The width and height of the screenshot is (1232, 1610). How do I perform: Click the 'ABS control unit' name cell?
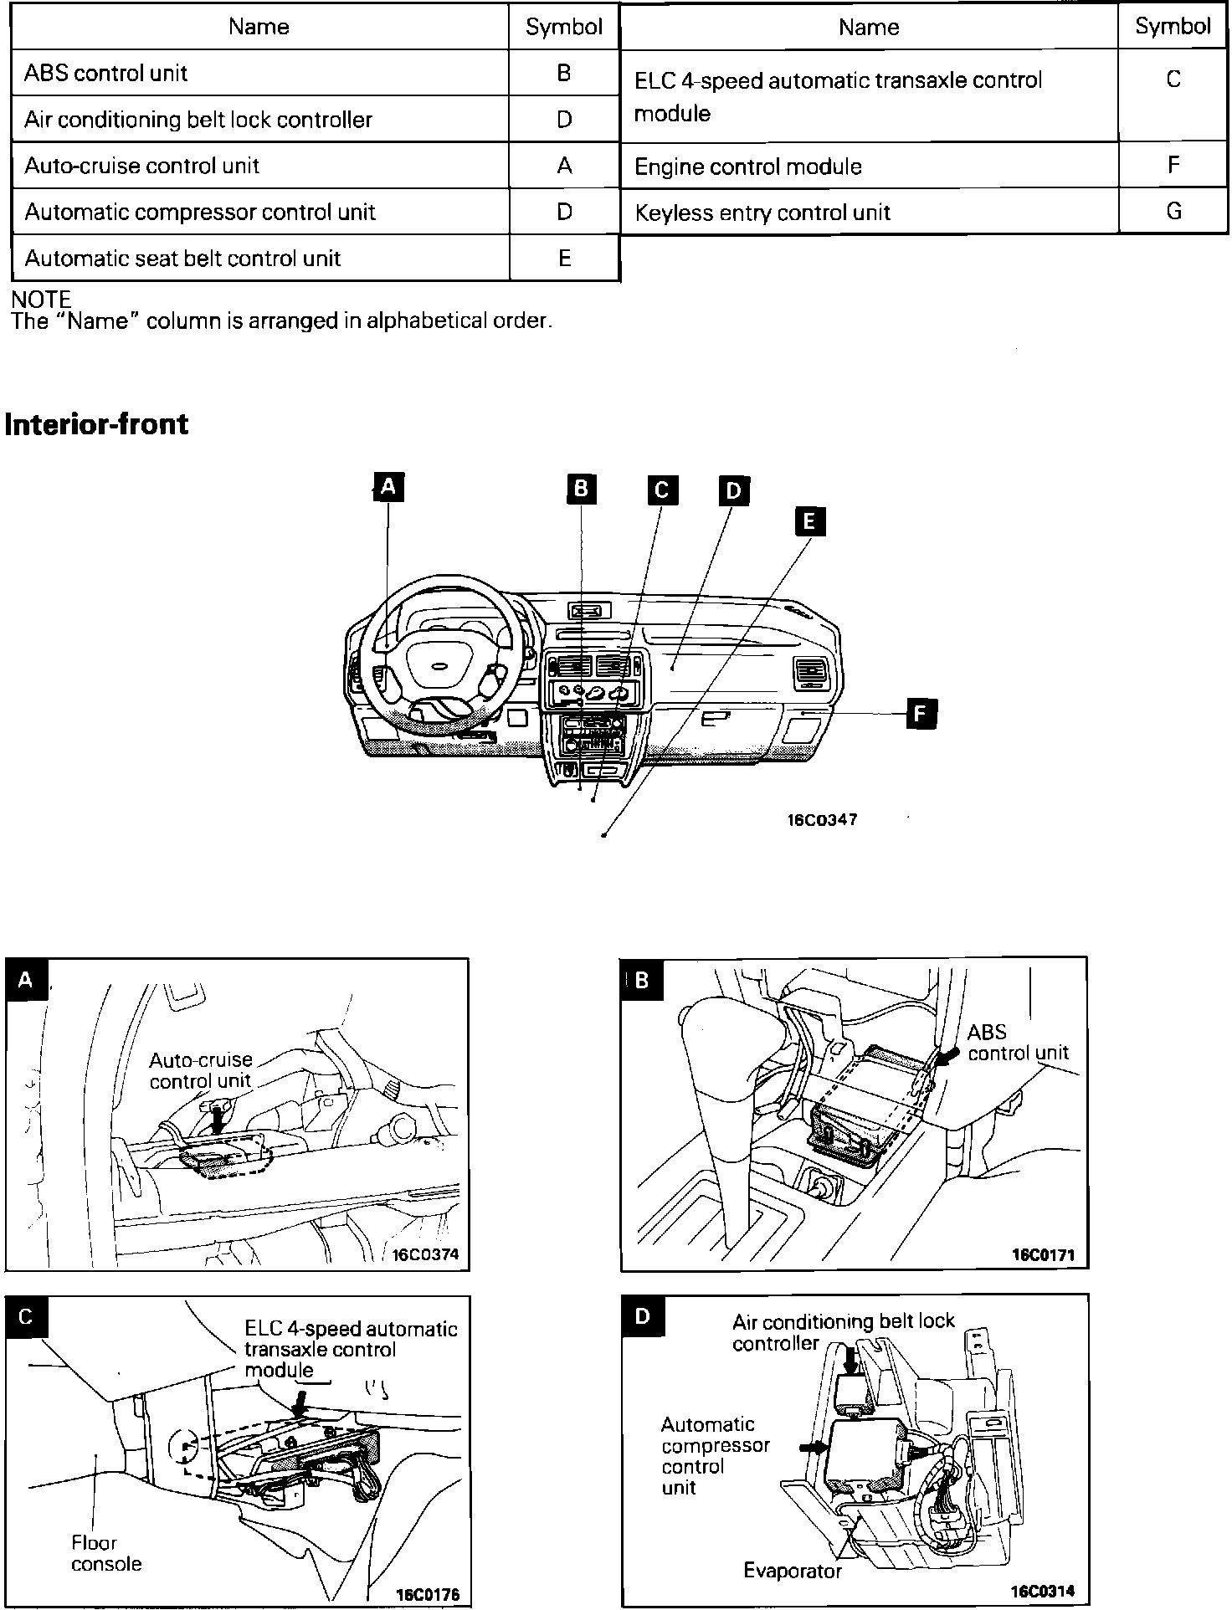pos(106,73)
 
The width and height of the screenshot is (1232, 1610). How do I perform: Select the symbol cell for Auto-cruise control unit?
pos(564,166)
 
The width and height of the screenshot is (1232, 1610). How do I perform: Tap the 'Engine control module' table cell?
pos(747,167)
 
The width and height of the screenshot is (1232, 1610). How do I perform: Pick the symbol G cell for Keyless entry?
pos(1173,212)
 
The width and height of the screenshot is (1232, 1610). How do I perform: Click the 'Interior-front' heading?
pos(97,424)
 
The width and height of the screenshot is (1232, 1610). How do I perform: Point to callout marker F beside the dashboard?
pos(921,713)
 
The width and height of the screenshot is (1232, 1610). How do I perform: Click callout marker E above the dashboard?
pos(809,521)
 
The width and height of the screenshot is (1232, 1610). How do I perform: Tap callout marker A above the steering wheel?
pos(388,486)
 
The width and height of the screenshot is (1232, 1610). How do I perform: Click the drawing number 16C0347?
pos(822,820)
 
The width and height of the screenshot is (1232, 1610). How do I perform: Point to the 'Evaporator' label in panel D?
pos(792,1571)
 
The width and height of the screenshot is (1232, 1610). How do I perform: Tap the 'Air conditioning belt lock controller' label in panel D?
pos(843,1332)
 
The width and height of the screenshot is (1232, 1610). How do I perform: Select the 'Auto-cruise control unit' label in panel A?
pos(201,1070)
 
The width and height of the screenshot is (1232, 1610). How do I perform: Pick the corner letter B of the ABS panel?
pos(642,979)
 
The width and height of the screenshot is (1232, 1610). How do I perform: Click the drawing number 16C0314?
pos(1043,1591)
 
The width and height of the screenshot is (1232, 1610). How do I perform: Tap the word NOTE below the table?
pos(41,299)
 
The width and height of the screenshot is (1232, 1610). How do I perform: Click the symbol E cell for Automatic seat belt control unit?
pos(564,258)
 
